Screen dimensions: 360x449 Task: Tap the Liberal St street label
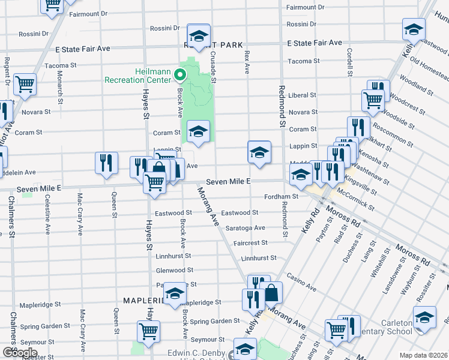(x=302, y=95)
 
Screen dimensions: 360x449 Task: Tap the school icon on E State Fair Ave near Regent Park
(x=199, y=35)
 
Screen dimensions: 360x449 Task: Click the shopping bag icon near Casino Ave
(x=272, y=293)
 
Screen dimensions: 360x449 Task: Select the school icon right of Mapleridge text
(x=175, y=293)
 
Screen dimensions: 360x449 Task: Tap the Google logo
(x=19, y=353)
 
